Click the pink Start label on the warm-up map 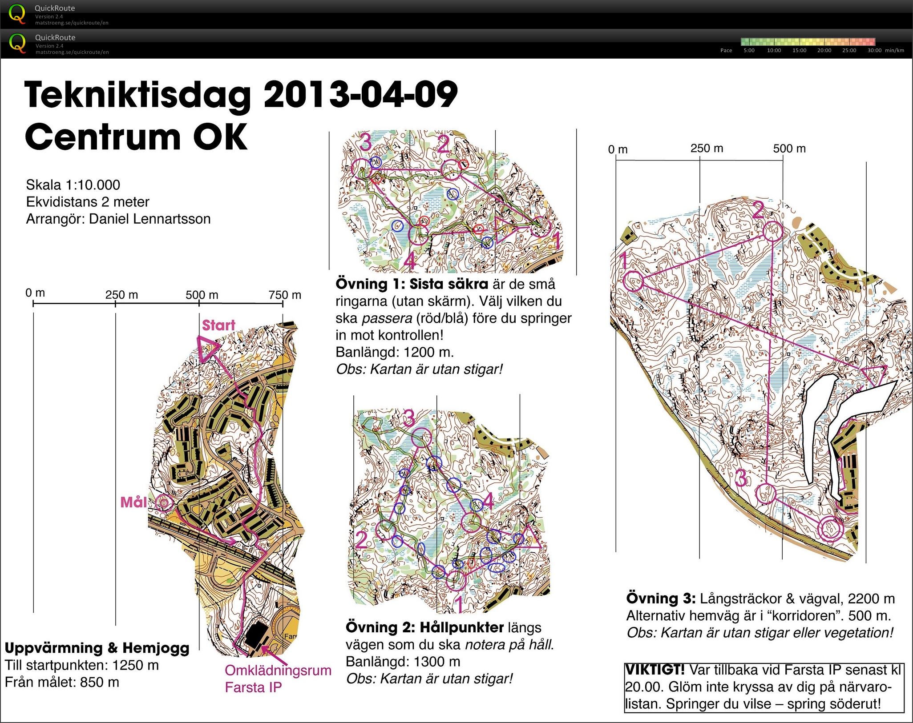coord(218,325)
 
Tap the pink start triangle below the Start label coord(207,349)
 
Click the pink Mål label coord(133,502)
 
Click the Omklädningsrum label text coord(278,670)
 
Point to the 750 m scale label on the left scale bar coord(285,295)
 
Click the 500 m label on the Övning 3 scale coord(789,149)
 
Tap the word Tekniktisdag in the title coord(138,95)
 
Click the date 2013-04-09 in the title coord(360,95)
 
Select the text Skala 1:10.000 coord(73,185)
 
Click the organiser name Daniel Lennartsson coord(149,219)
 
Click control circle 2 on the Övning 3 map coord(773,231)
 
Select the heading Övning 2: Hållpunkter coord(424,627)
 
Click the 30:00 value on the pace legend coord(875,51)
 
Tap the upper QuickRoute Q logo coord(17,14)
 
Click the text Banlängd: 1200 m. coord(394,352)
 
